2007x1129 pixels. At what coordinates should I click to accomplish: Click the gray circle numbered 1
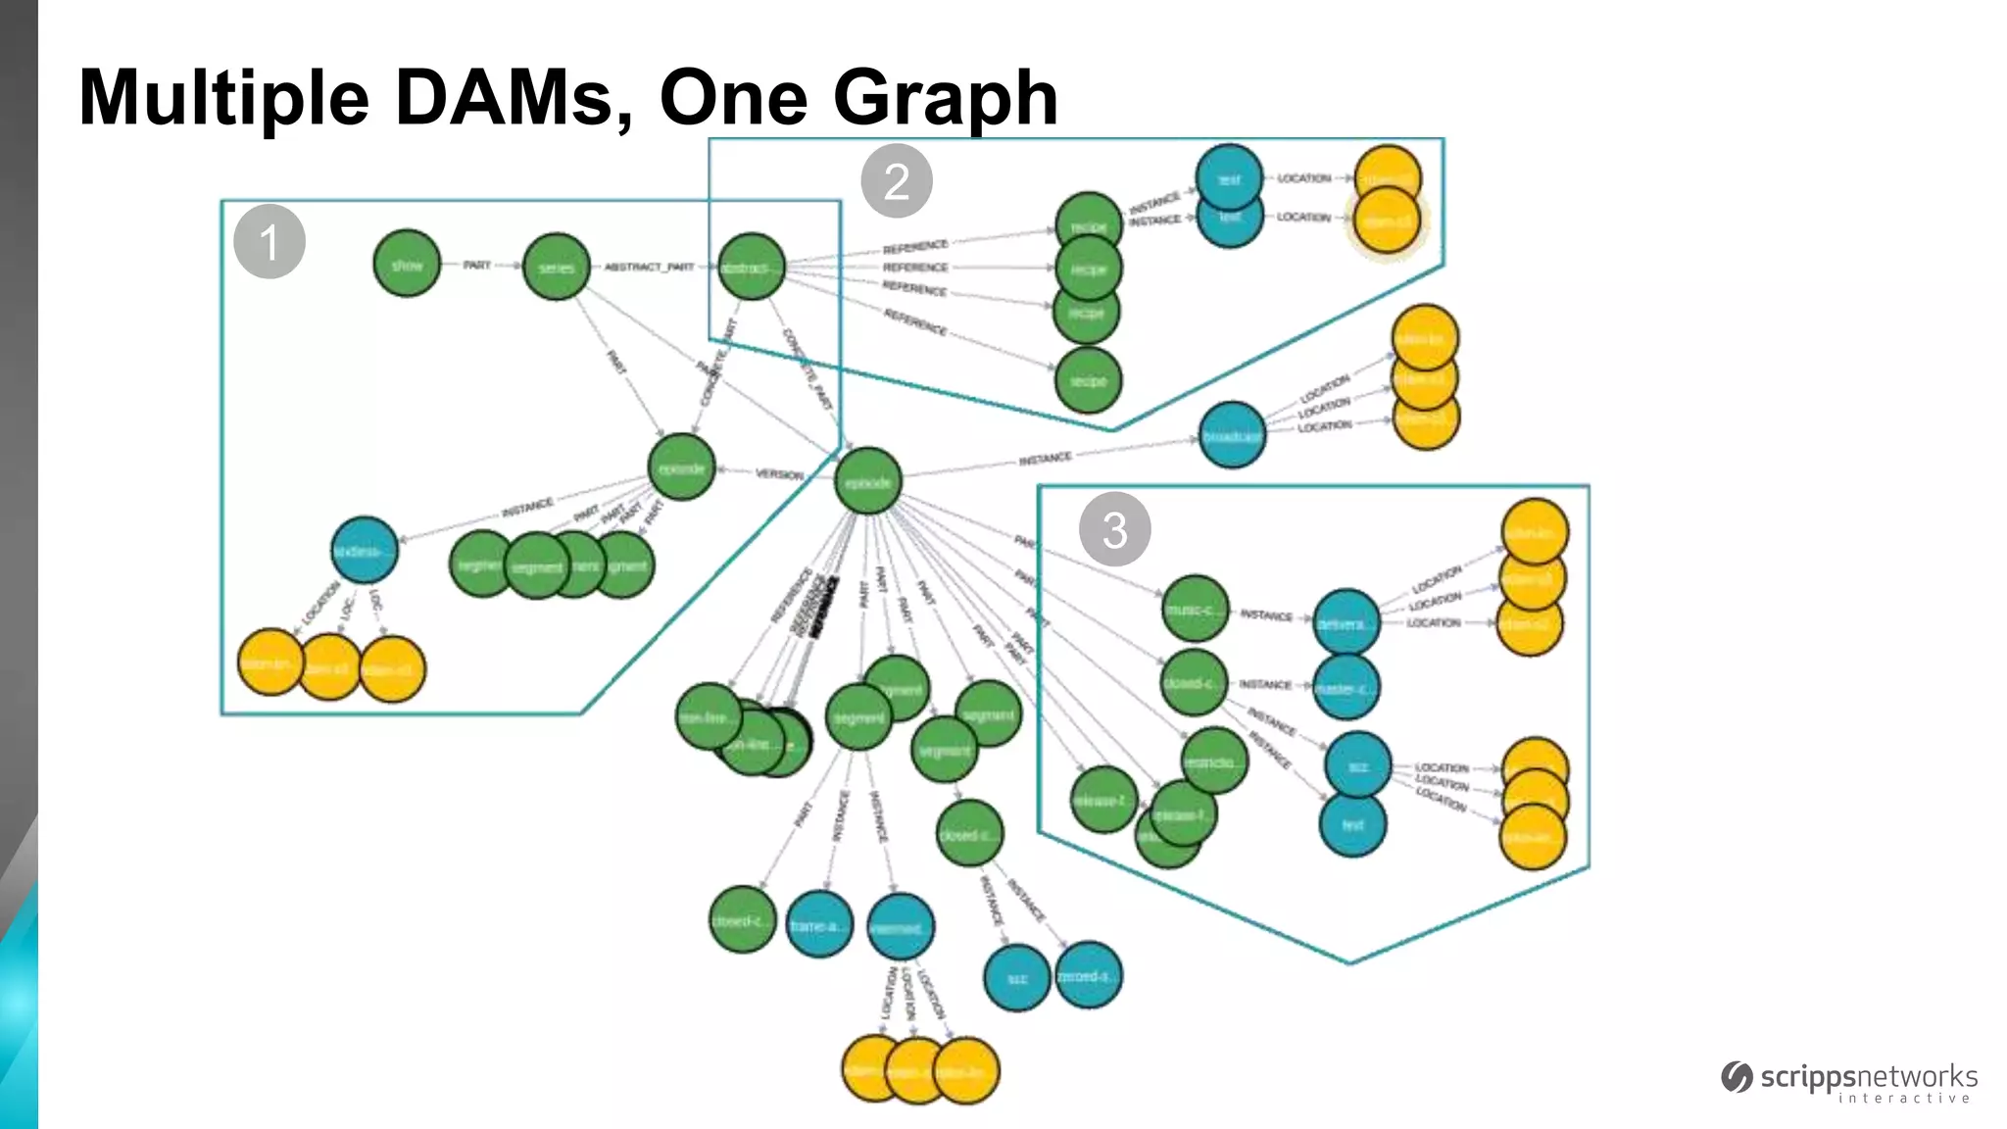pos(269,241)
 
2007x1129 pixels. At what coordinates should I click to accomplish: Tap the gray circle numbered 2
pos(896,181)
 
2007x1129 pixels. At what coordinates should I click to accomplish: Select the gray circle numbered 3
pos(1114,530)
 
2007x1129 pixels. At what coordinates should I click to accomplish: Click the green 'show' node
pos(407,265)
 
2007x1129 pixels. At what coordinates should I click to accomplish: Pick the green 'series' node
pos(556,267)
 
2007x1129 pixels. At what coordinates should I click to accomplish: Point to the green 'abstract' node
pos(752,267)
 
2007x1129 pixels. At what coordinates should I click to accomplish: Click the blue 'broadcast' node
pos(1232,435)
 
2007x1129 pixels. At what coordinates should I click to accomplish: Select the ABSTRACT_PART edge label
pos(649,267)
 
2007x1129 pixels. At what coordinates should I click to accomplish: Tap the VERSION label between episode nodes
pos(779,474)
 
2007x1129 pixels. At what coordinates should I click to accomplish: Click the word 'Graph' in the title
pos(945,98)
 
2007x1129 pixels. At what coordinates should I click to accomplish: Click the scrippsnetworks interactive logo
pos(1850,1082)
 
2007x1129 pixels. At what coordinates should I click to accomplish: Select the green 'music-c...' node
pos(1195,609)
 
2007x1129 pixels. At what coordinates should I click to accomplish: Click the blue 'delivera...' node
pos(1346,622)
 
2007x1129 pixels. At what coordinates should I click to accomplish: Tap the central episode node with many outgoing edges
pos(868,481)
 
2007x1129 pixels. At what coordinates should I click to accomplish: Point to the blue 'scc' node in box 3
pos(1357,765)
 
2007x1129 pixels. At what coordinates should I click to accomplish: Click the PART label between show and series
pos(476,266)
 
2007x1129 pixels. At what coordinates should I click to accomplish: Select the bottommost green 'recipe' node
pos(1088,380)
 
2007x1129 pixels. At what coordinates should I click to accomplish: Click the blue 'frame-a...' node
pos(819,924)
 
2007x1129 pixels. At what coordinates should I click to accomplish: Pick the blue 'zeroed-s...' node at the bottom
pos(1088,975)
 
